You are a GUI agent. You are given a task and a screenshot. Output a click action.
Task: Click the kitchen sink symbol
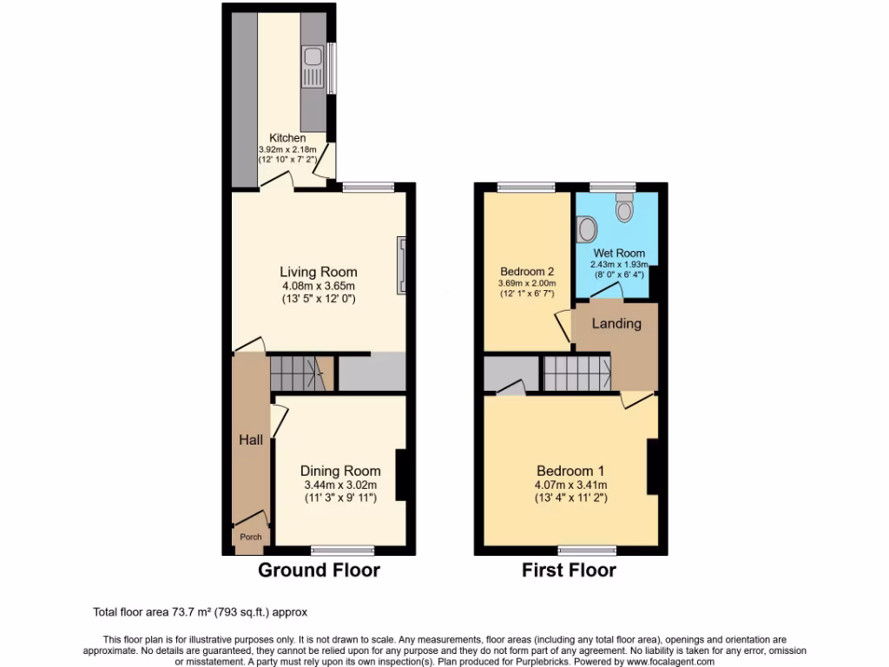(x=313, y=68)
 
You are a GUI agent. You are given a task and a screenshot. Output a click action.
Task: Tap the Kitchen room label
(x=287, y=138)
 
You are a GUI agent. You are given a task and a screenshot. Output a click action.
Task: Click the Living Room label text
(x=318, y=272)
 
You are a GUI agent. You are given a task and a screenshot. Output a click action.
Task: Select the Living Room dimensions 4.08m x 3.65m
(x=318, y=286)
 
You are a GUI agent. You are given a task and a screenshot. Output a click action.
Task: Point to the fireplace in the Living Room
(x=401, y=267)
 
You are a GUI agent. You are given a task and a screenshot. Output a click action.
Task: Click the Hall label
(x=251, y=440)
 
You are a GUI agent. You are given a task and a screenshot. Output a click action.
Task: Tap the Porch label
(x=251, y=537)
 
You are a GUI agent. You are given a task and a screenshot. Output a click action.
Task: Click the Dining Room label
(x=339, y=471)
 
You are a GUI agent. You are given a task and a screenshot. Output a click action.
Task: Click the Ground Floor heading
(x=319, y=571)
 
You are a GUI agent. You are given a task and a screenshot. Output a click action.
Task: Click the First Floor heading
(x=569, y=571)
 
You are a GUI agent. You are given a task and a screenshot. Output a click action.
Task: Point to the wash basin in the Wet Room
(x=588, y=229)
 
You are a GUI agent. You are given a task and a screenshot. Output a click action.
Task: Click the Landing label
(x=616, y=324)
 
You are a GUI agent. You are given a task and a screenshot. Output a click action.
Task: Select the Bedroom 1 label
(x=570, y=472)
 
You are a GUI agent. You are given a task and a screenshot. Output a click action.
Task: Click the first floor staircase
(x=577, y=373)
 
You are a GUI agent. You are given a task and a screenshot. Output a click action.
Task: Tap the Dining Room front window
(x=343, y=549)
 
